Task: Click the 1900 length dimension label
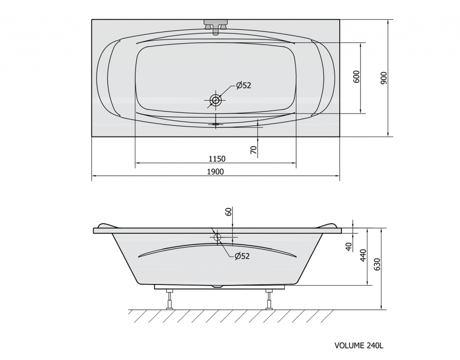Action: pos(215,172)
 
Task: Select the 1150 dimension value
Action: pos(217,159)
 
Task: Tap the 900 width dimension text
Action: pos(384,78)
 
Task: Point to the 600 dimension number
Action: pos(356,76)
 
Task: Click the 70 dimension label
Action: pos(254,150)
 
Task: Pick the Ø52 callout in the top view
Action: pos(244,85)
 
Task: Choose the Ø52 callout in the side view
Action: pos(242,256)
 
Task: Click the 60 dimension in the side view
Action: pos(229,211)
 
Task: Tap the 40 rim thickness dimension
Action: pos(349,246)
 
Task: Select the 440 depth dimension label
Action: pos(363,255)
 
